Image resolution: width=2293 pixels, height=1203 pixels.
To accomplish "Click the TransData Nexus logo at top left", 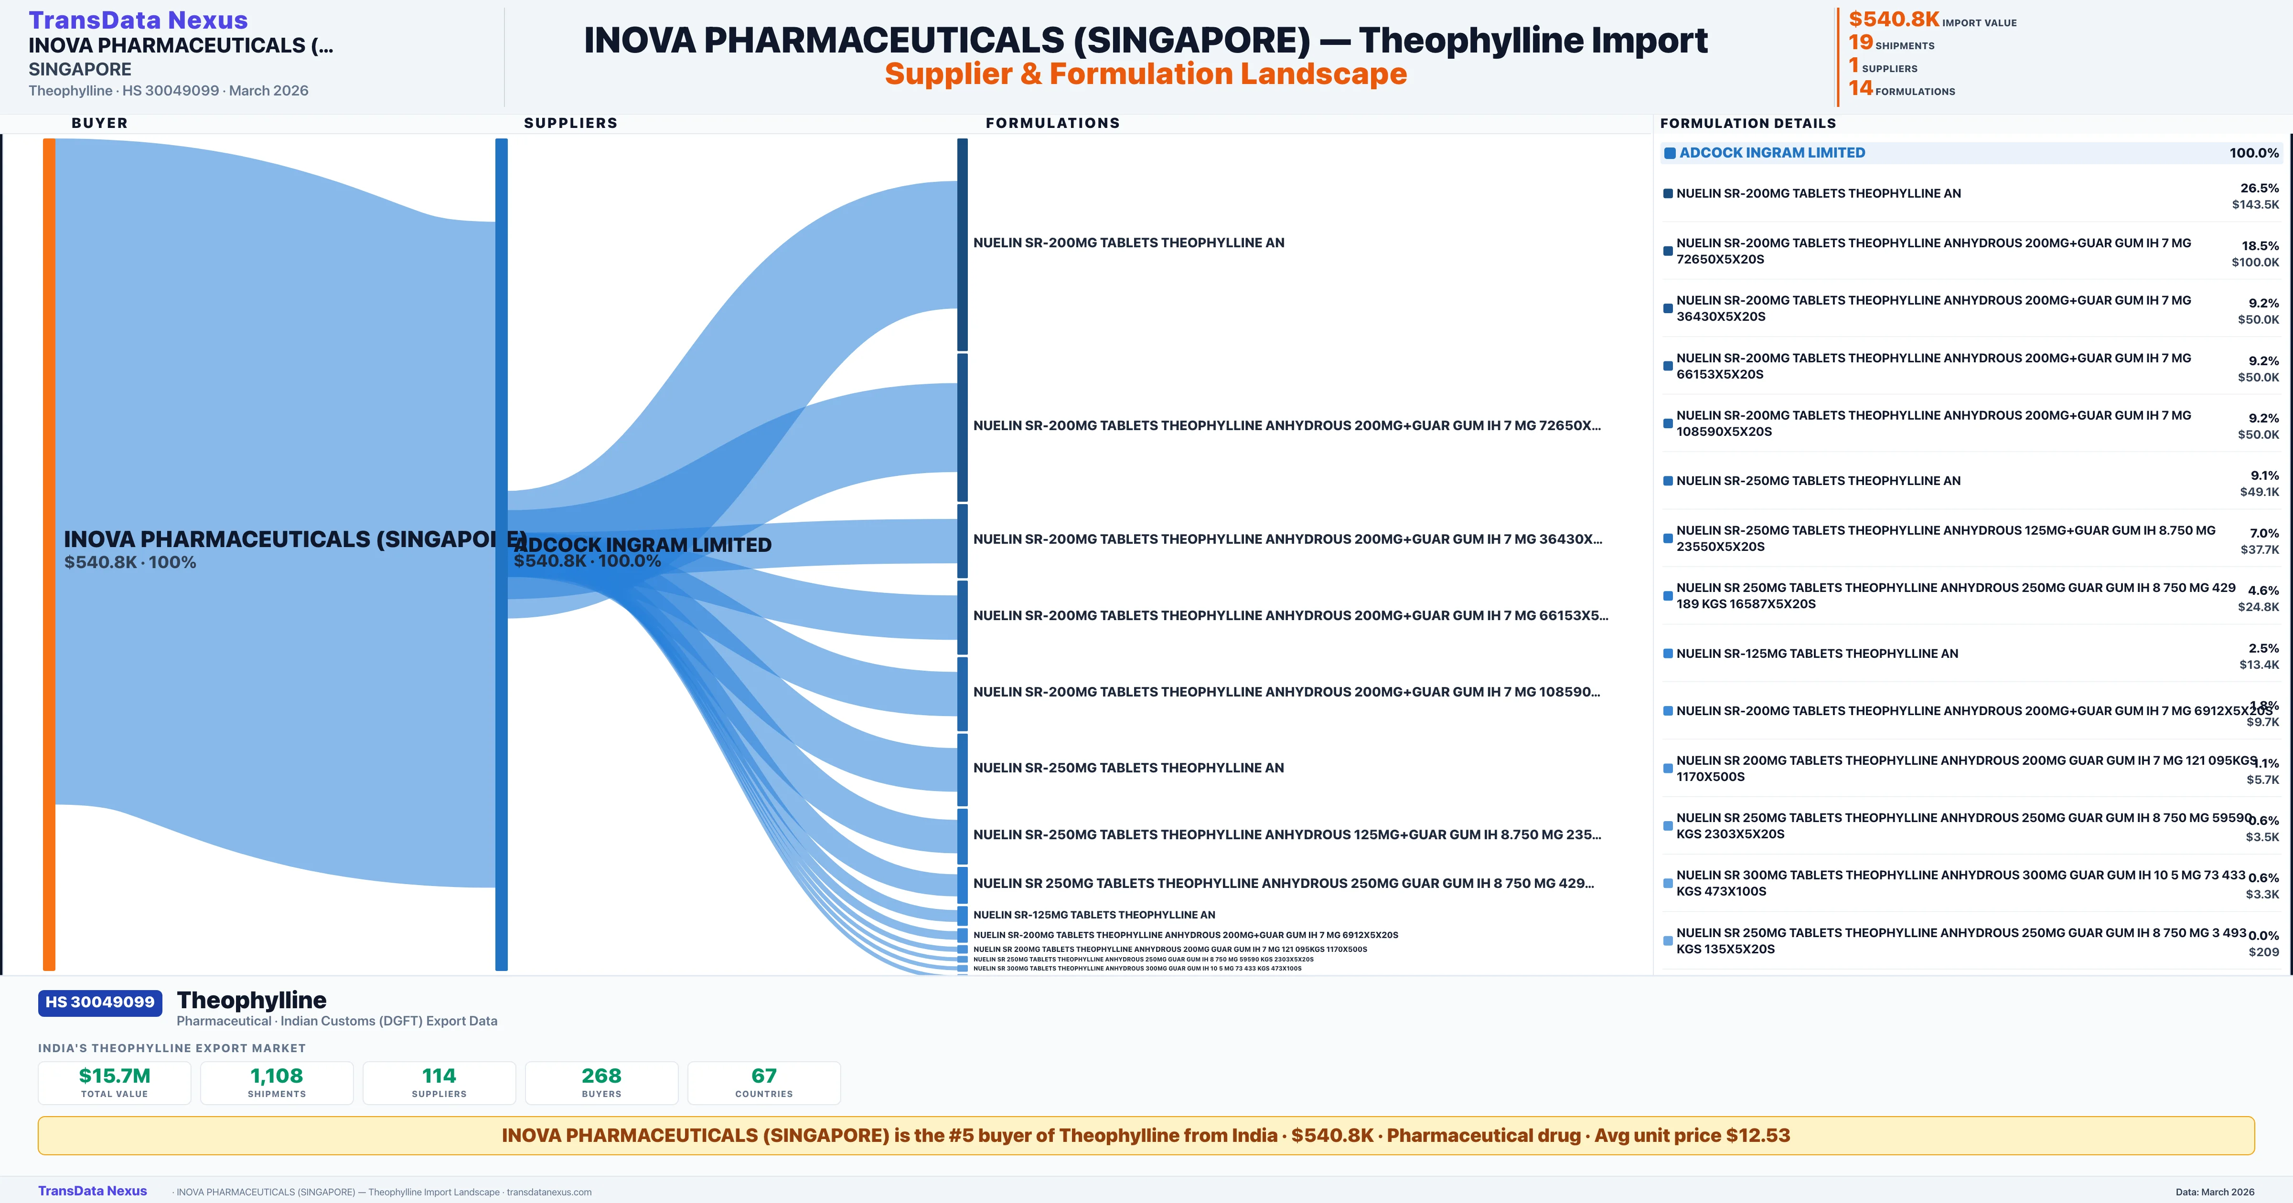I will click(138, 20).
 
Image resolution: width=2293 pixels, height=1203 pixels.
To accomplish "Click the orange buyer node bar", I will click(49, 552).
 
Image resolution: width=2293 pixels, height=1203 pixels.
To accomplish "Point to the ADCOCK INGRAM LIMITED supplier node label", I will click(643, 545).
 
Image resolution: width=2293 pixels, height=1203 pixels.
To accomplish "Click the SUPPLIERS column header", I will click(570, 123).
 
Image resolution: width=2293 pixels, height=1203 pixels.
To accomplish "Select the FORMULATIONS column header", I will click(1052, 123).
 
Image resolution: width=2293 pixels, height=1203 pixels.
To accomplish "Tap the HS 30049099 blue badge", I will click(100, 1002).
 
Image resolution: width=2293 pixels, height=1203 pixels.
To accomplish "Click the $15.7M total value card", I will click(115, 1082).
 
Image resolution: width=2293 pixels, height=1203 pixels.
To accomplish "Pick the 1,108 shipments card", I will click(277, 1082).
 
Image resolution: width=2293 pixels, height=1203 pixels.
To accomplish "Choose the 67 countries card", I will click(764, 1082).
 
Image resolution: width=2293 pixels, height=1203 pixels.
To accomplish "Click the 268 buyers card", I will click(602, 1082).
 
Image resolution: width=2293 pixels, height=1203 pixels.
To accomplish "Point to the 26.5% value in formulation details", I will click(2259, 188).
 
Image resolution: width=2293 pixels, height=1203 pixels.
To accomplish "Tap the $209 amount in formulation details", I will click(2264, 952).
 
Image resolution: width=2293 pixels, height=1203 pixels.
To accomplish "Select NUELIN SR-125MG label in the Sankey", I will click(1094, 915).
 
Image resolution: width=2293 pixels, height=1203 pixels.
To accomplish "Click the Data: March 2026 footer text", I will click(2215, 1192).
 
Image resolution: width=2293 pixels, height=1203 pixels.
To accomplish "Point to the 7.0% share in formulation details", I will click(2264, 533).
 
